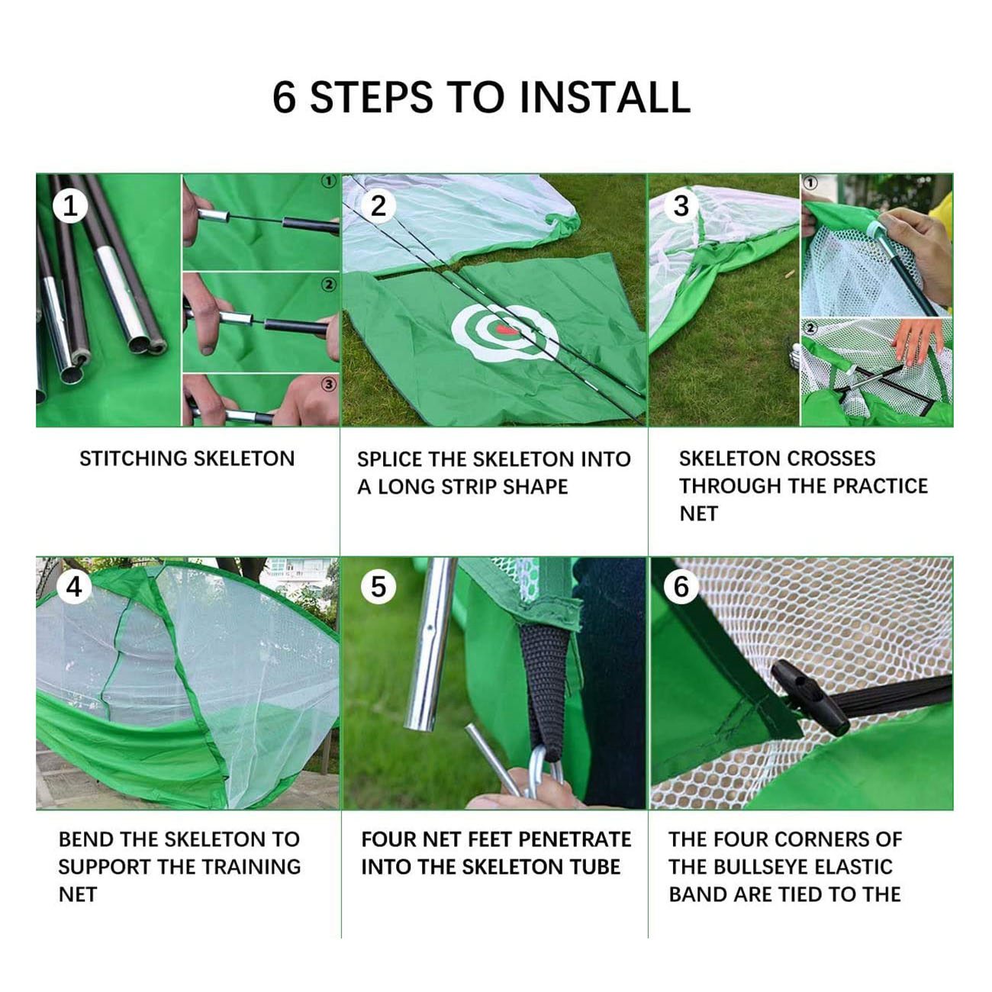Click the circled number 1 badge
click(x=70, y=207)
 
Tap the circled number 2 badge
click(x=378, y=207)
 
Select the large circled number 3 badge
click(x=681, y=207)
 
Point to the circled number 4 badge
click(x=74, y=587)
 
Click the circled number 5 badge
click(x=378, y=587)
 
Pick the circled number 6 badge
click(x=681, y=587)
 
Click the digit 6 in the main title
click(x=284, y=97)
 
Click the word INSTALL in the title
click(x=605, y=97)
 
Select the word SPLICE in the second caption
click(x=391, y=459)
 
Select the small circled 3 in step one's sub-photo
click(x=329, y=384)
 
